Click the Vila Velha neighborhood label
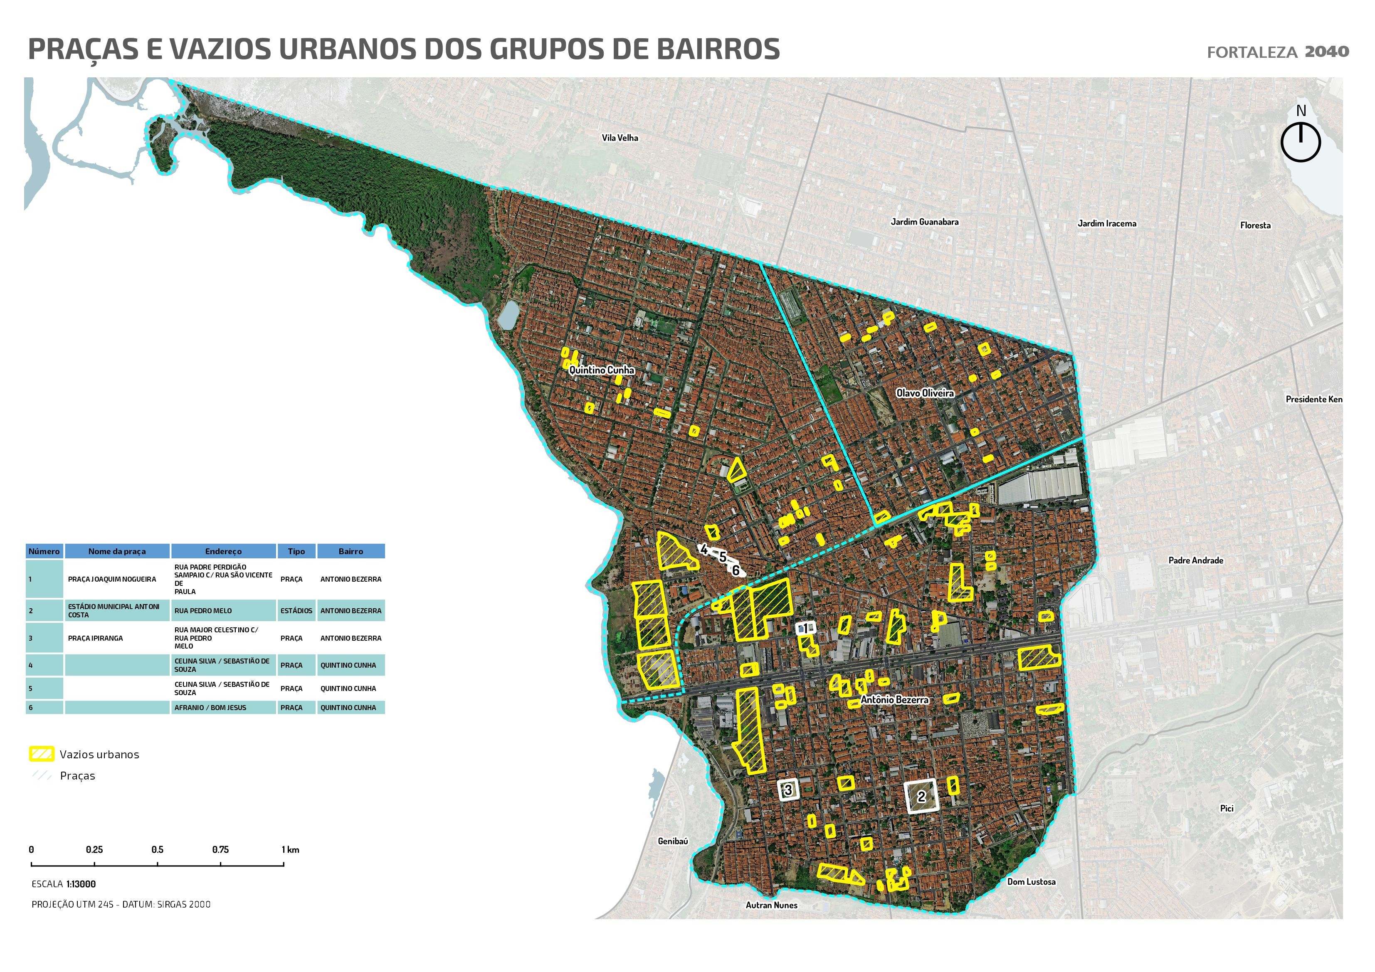coord(620,138)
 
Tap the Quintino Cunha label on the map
coord(601,370)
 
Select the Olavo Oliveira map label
coord(925,393)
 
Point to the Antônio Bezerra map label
coord(894,700)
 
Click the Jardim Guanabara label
coord(924,222)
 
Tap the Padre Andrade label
coord(1195,560)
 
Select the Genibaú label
coord(672,841)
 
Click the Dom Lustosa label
coord(1031,881)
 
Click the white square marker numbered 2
coord(921,797)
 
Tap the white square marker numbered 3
coord(788,789)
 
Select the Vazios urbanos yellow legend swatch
coord(41,754)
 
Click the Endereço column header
coord(223,551)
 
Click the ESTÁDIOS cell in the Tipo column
coord(296,611)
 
